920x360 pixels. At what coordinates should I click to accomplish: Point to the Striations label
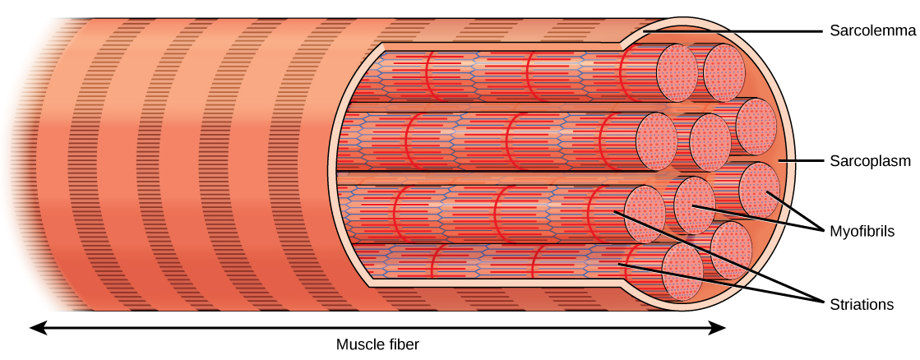coord(861,304)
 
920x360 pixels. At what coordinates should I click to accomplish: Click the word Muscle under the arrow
coord(359,344)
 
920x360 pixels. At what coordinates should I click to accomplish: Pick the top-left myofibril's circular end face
coord(677,71)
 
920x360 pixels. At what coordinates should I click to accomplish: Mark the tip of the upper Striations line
coord(615,213)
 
